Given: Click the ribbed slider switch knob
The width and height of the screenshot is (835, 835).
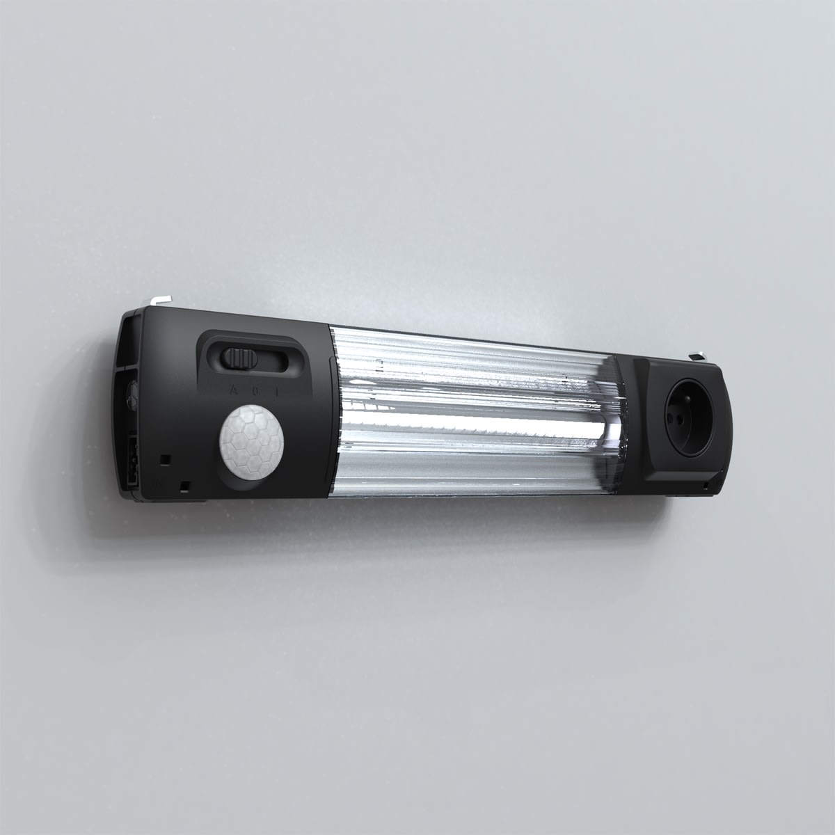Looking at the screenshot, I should [x=239, y=359].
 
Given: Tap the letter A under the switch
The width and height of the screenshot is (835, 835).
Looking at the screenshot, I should [x=232, y=390].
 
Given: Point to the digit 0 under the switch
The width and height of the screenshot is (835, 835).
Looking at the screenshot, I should [x=255, y=391].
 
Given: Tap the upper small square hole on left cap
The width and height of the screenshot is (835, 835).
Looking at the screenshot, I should [x=165, y=459].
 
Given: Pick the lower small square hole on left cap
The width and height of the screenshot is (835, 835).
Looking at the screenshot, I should [x=184, y=484].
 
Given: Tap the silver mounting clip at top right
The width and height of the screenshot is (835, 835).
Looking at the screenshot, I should [x=698, y=357].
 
